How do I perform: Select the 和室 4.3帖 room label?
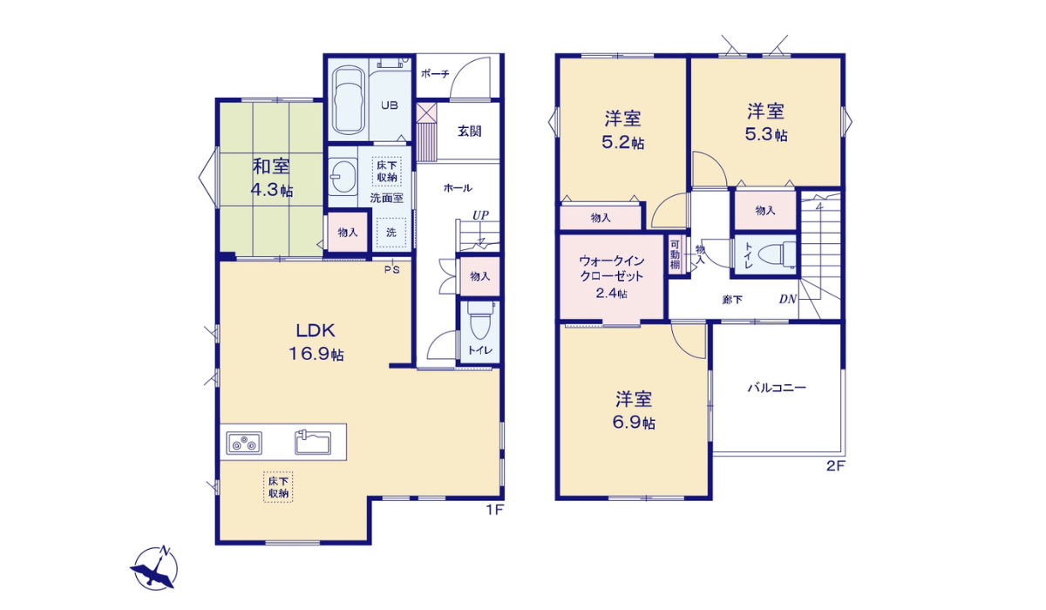(x=271, y=178)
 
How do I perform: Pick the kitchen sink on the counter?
(x=314, y=443)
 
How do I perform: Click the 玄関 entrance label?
(x=469, y=132)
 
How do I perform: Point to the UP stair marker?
(x=480, y=214)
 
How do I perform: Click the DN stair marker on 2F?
(x=787, y=300)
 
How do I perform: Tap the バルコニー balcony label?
(x=776, y=389)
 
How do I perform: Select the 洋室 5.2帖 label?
(x=623, y=129)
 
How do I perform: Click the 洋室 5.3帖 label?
(x=765, y=122)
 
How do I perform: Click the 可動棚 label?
(x=676, y=254)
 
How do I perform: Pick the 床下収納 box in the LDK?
(x=279, y=488)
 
